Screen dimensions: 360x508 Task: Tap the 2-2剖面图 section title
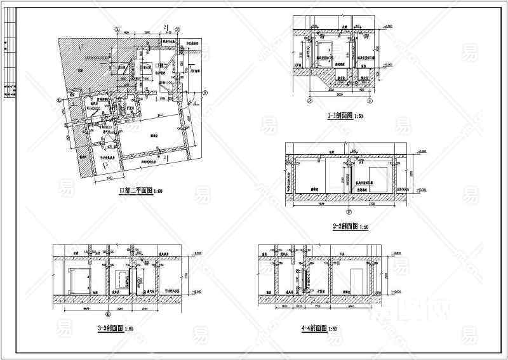(x=346, y=227)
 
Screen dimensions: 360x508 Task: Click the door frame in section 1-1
(x=324, y=51)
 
